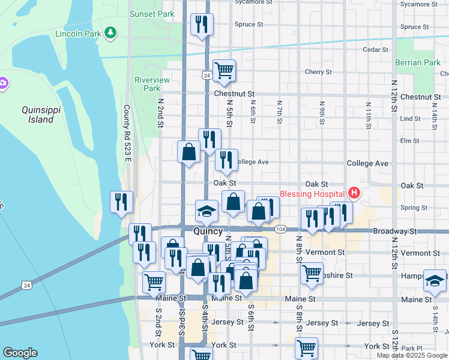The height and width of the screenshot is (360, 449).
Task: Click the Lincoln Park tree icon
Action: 110,34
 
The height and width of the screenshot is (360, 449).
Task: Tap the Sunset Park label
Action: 152,13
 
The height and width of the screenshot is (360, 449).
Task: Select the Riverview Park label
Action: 152,84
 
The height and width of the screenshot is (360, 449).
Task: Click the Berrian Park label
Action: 418,62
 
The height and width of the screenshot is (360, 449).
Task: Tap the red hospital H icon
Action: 354,193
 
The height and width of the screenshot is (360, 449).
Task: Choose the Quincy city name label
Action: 208,232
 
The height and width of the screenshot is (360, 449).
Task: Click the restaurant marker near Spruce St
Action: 201,25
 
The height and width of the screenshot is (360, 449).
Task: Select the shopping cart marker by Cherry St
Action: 224,71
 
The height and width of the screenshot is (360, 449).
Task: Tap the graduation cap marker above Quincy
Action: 206,211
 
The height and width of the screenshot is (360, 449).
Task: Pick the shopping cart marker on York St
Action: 306,347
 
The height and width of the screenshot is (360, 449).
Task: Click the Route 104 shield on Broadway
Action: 280,229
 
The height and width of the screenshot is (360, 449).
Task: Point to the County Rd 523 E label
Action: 127,134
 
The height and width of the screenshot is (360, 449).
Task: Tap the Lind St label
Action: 411,119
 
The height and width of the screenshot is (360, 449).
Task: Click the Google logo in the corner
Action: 20,353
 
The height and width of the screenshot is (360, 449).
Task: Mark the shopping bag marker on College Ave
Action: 189,152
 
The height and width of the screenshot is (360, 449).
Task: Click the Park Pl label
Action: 412,349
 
